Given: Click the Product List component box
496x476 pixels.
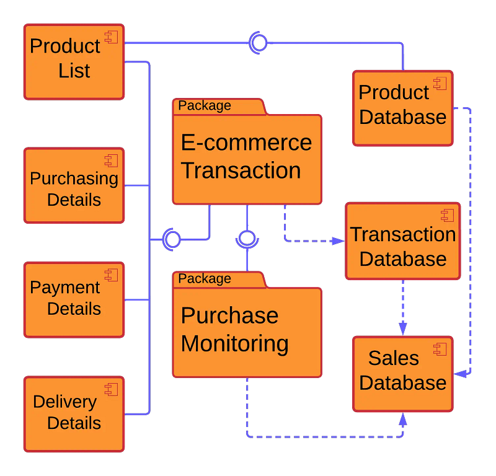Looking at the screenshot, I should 74,61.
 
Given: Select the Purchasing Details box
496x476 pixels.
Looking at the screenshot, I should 74,185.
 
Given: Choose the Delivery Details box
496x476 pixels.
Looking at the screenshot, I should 74,413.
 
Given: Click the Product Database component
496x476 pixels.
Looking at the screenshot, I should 402,108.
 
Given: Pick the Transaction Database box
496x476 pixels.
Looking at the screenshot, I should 402,241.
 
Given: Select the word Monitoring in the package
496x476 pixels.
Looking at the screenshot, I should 234,343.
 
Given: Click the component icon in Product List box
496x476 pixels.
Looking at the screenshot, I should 112,37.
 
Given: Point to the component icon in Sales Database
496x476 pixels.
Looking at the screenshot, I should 440,349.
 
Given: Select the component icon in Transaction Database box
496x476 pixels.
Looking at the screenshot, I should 447,215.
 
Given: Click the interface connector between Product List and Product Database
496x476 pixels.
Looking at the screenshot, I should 258,42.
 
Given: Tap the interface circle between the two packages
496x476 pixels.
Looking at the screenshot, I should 247,239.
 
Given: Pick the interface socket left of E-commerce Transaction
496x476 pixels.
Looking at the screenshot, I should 171,239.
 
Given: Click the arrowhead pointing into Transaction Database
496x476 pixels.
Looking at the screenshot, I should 339,240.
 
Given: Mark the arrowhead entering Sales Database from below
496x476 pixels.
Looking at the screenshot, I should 403,419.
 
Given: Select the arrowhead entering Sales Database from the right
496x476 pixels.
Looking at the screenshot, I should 459,374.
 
